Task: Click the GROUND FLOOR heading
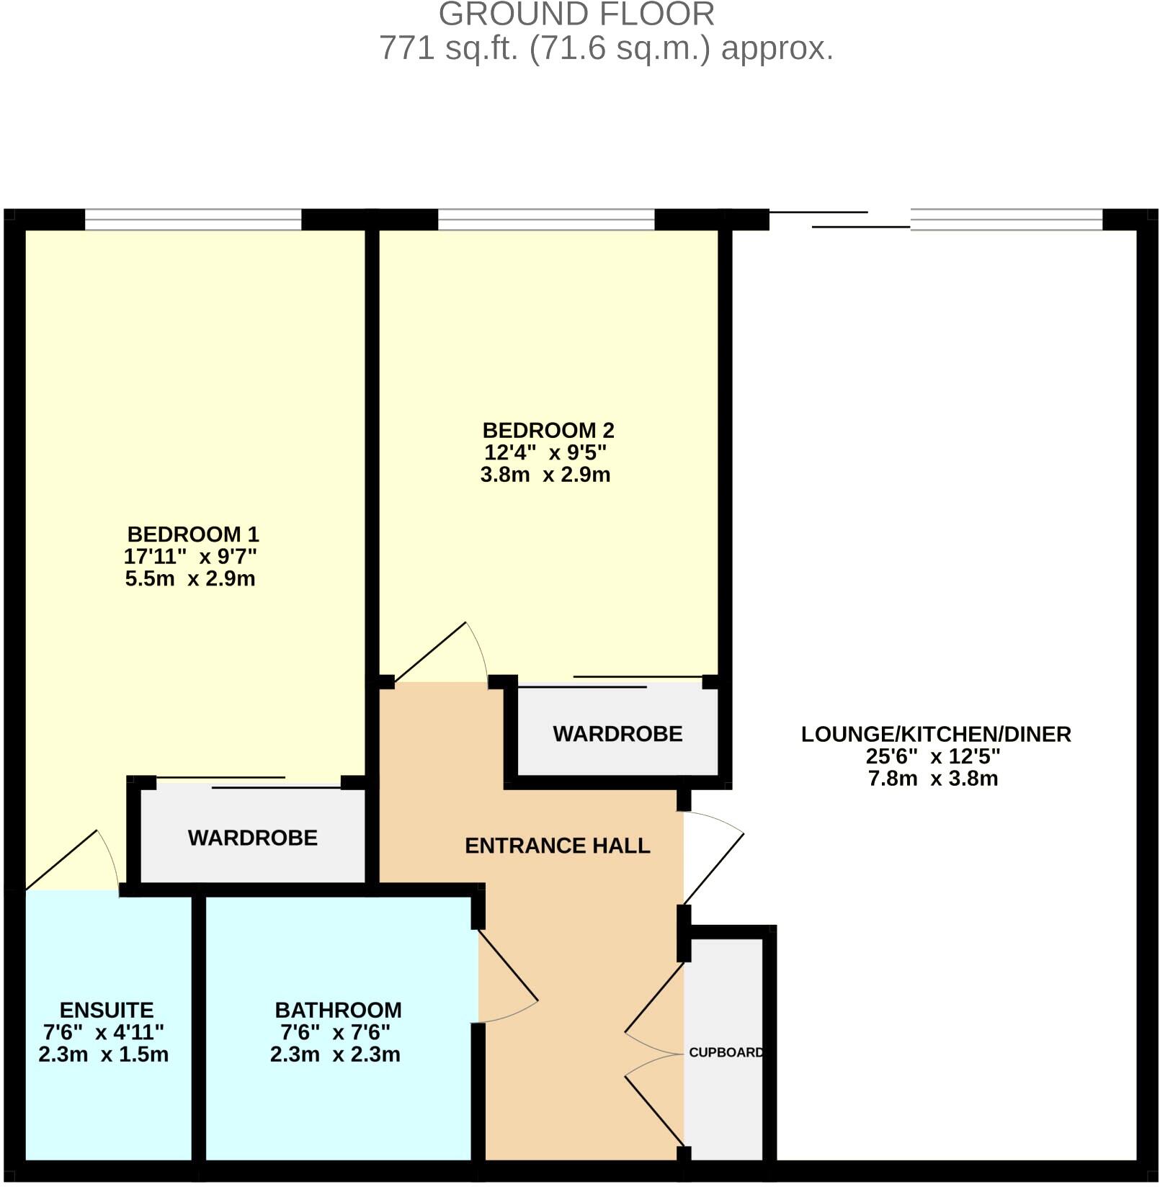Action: [x=576, y=14]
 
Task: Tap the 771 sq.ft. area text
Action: [x=605, y=48]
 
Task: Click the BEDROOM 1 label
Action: [x=192, y=534]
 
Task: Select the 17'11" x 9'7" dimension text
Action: [x=190, y=557]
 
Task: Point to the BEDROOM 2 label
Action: [x=548, y=431]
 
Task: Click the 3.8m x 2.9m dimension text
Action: [x=545, y=475]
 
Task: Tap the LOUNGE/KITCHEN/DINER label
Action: [x=935, y=735]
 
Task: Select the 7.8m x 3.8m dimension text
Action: [x=932, y=779]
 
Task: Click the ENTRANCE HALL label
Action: [x=557, y=846]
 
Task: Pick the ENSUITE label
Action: [x=106, y=1011]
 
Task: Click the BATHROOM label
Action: [x=338, y=1011]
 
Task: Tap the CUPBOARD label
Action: [x=726, y=1052]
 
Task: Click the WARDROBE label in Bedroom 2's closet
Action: [x=617, y=734]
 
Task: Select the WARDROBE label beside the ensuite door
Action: [x=252, y=838]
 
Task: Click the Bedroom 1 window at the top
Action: [x=192, y=220]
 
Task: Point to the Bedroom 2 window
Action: [x=545, y=220]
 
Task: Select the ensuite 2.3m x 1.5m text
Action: [x=103, y=1055]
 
